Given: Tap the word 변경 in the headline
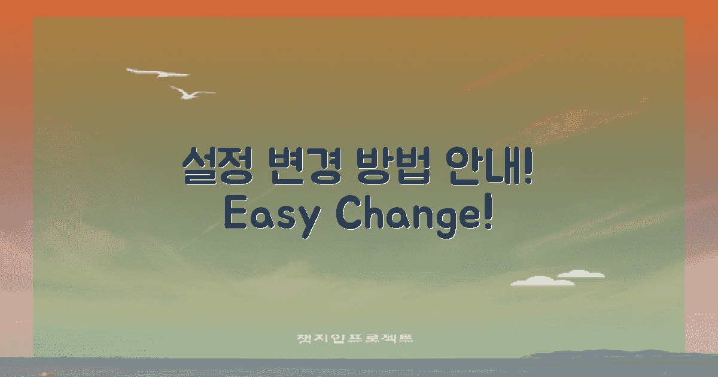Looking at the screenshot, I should click(304, 166).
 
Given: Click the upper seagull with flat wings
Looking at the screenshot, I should click(158, 74).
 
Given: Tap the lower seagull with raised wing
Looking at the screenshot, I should click(190, 93).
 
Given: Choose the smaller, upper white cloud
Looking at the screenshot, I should click(580, 275).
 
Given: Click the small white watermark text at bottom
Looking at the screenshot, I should click(355, 338).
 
